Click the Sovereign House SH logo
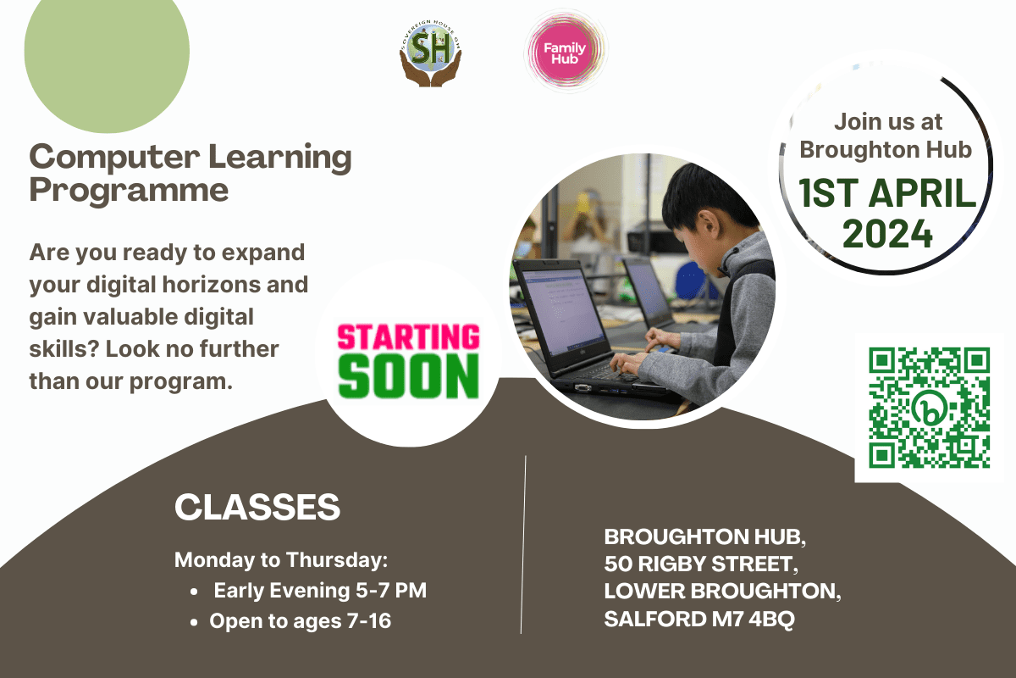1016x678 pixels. [430, 53]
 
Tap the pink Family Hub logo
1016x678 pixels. [565, 53]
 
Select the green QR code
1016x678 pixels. [930, 408]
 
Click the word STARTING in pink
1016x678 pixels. [408, 336]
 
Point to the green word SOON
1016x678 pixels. [408, 376]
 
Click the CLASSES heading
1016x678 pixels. [257, 507]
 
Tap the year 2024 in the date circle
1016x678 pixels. [887, 233]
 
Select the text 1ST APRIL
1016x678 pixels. [886, 193]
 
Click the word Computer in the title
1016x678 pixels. [114, 158]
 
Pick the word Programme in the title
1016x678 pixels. [129, 191]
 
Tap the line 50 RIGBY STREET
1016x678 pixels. [701, 564]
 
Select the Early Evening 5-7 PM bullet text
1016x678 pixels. [320, 591]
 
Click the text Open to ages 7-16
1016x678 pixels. [300, 620]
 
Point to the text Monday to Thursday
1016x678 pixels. [281, 560]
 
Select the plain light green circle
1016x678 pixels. [107, 51]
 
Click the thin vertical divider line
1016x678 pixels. [523, 544]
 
